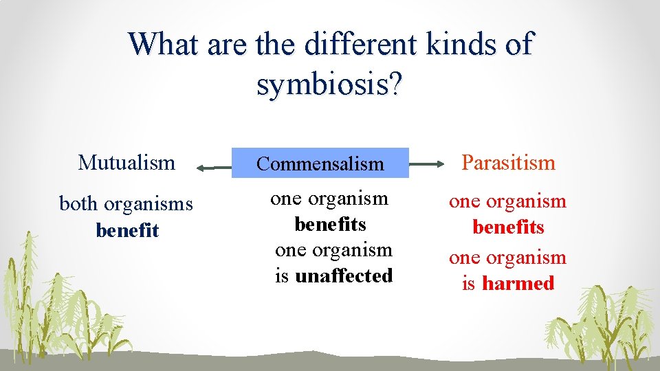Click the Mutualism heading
point(127,163)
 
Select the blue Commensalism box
point(320,164)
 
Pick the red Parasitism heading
point(508,163)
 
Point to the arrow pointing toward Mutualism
point(213,166)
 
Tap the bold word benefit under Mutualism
point(127,230)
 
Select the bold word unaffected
point(344,276)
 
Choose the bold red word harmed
point(518,284)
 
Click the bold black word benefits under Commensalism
point(330,225)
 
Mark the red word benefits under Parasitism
point(508,227)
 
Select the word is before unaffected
point(282,276)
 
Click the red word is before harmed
point(468,284)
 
